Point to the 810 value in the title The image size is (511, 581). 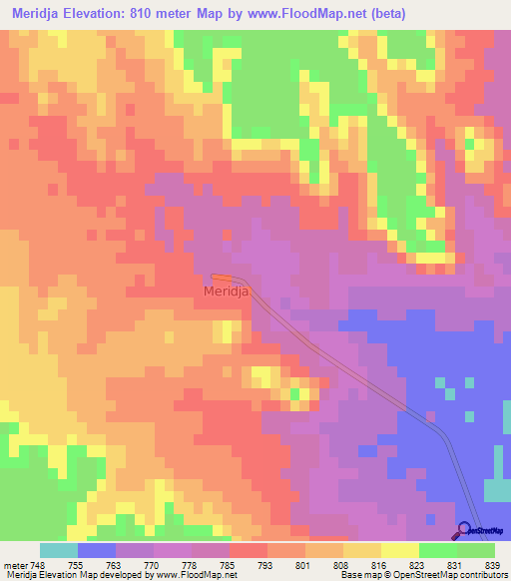coord(166,12)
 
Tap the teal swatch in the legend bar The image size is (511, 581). coord(59,550)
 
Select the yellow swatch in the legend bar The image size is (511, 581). coord(400,550)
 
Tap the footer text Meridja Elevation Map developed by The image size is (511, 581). coord(65,575)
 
